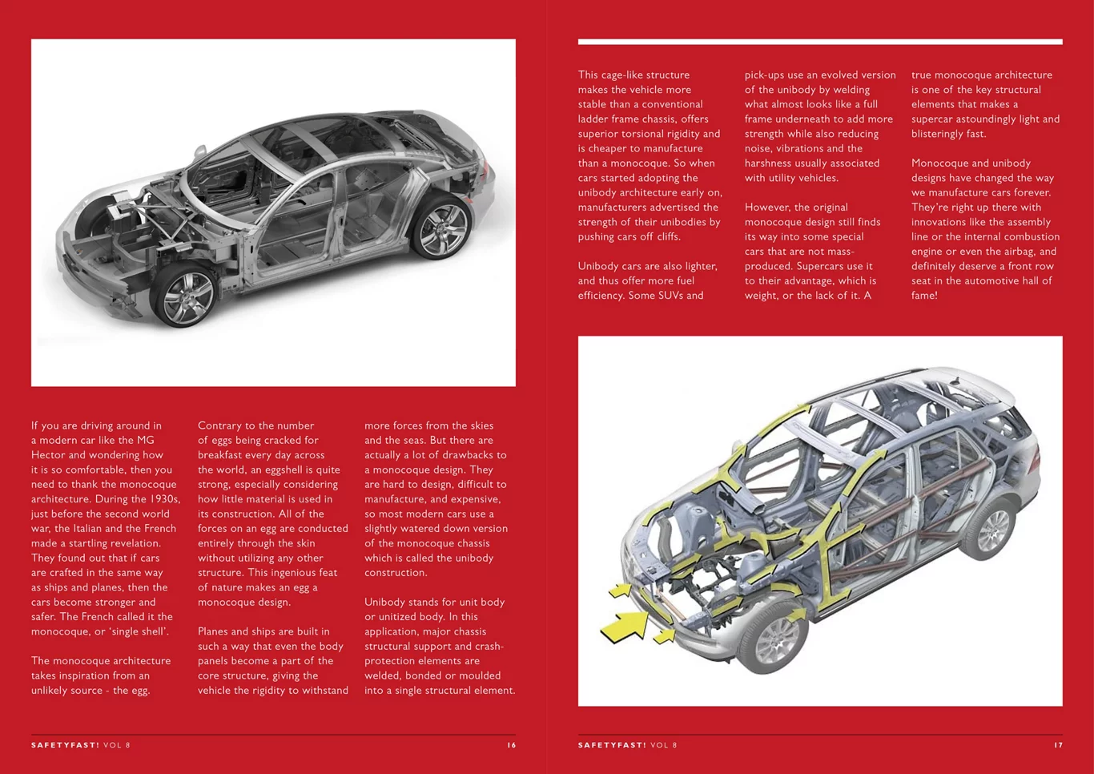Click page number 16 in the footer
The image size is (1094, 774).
[x=511, y=745]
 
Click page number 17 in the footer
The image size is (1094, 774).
[x=1058, y=745]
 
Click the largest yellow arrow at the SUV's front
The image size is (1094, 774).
[x=625, y=626]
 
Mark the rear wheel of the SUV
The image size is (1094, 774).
[x=993, y=530]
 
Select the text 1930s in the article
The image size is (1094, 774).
[x=163, y=499]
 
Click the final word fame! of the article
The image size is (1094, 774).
[x=924, y=296]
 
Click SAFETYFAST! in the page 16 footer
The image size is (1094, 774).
[x=65, y=745]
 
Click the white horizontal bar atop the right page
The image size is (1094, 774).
[x=820, y=42]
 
